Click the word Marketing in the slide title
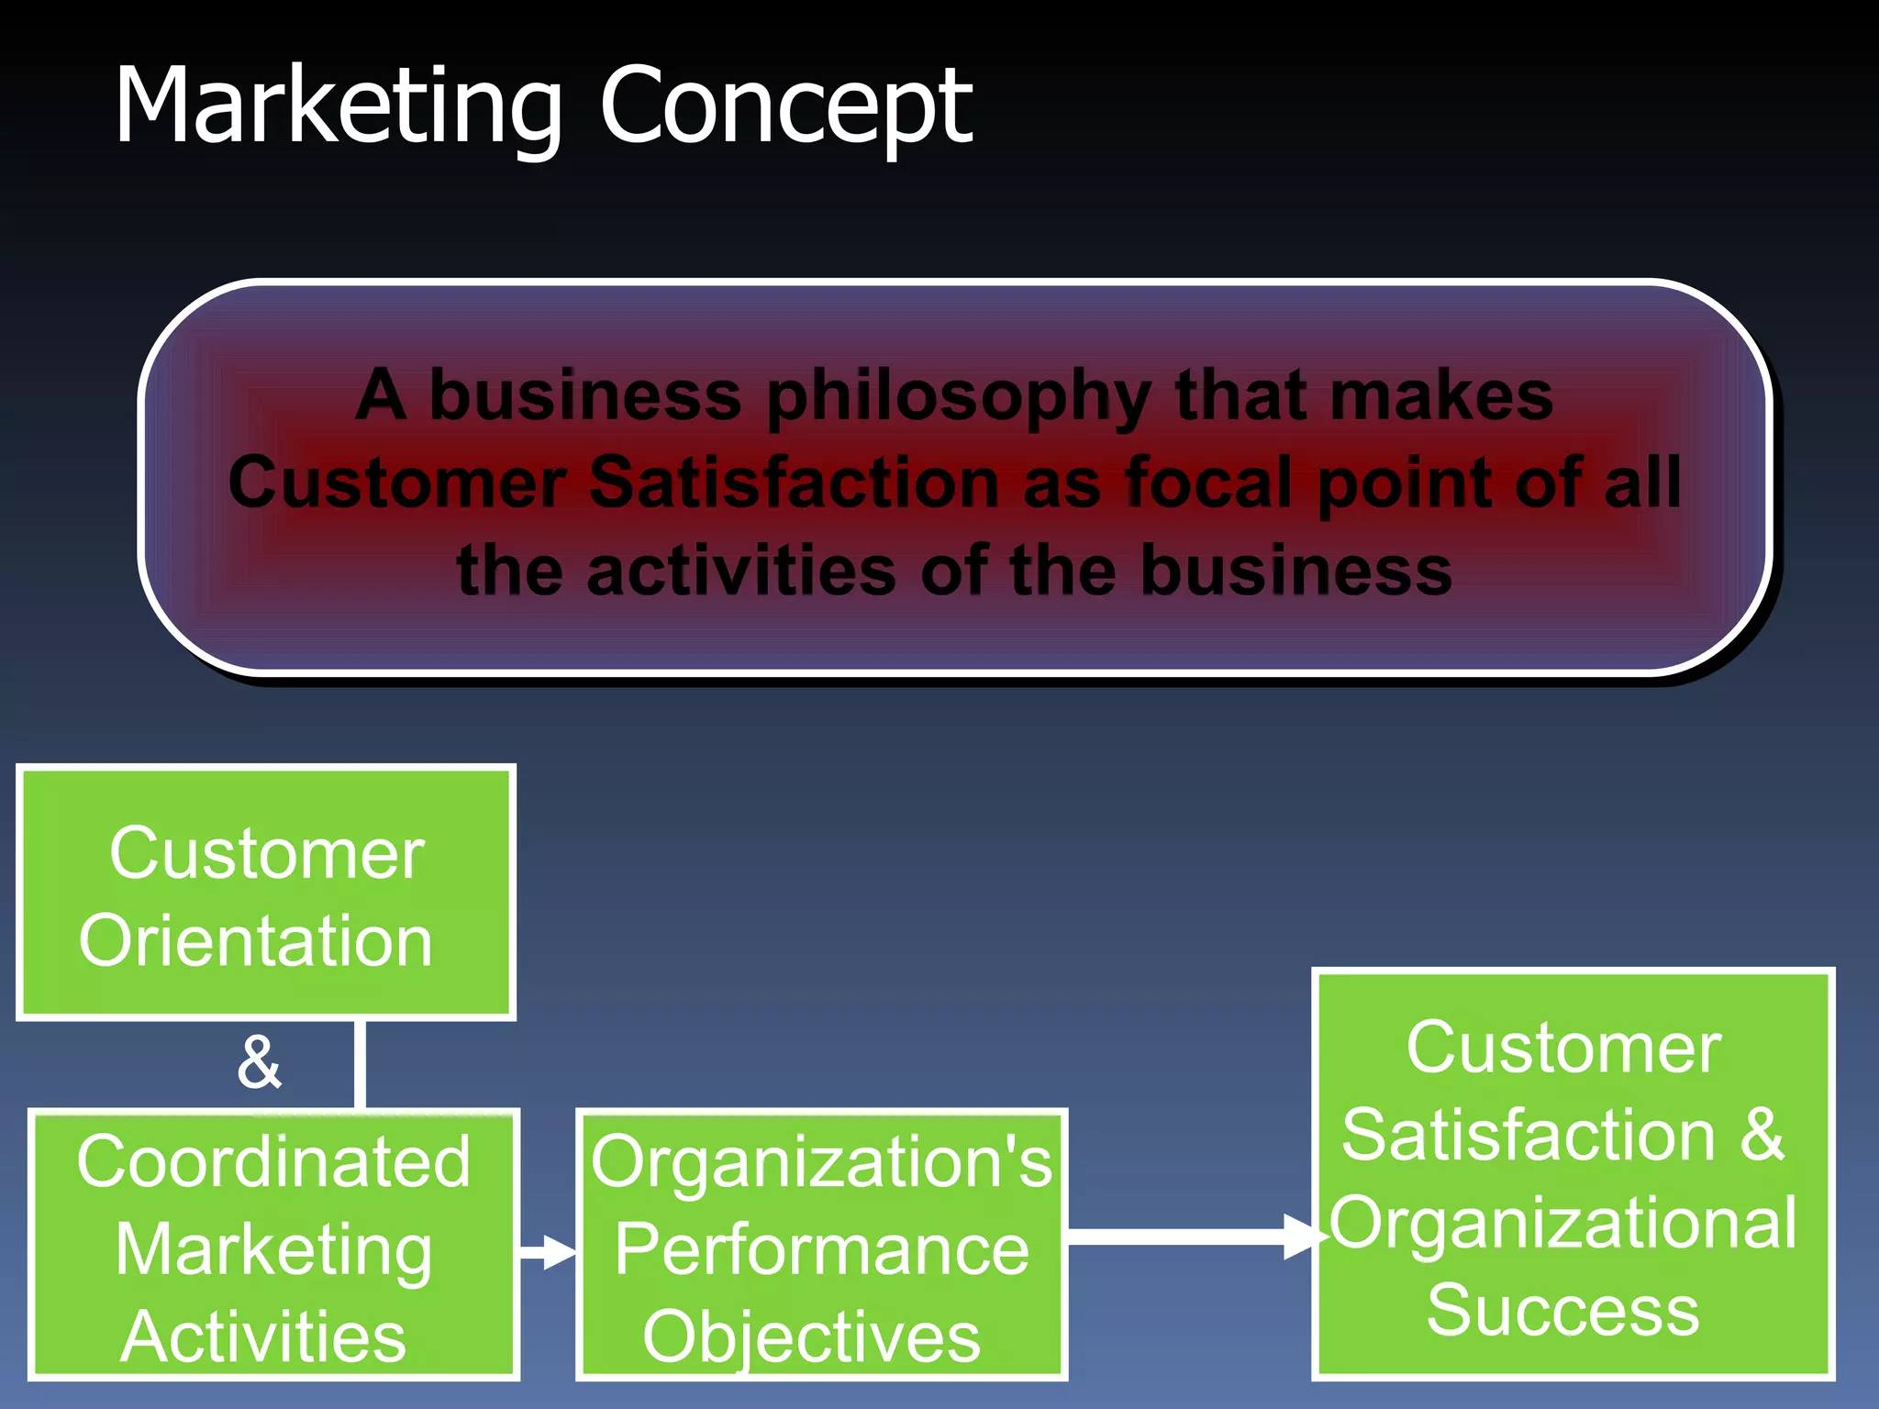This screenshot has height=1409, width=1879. [x=338, y=108]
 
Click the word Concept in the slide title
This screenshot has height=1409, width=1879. [x=785, y=108]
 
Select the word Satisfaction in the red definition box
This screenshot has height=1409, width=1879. [x=794, y=483]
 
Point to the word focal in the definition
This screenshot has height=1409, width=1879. [x=1208, y=483]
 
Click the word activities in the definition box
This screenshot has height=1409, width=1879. [x=740, y=571]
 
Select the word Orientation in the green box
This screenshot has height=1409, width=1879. [x=255, y=941]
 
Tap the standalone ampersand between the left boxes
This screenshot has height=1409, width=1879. [x=259, y=1062]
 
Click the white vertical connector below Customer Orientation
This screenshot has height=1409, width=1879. [x=360, y=1064]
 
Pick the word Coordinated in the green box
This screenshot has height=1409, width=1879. [x=273, y=1161]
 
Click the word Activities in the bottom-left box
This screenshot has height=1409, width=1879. [x=263, y=1337]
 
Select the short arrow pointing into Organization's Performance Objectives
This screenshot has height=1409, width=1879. [x=548, y=1251]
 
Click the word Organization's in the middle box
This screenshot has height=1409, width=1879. [x=820, y=1161]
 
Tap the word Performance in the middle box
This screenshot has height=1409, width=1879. [x=821, y=1249]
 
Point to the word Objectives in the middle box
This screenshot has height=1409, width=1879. [x=811, y=1337]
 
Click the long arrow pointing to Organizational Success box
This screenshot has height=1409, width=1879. [x=1193, y=1237]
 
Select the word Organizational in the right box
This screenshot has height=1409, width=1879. [x=1563, y=1224]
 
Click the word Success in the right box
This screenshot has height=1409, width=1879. [x=1562, y=1310]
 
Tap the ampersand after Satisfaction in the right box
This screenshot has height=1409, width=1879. [x=1762, y=1136]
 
